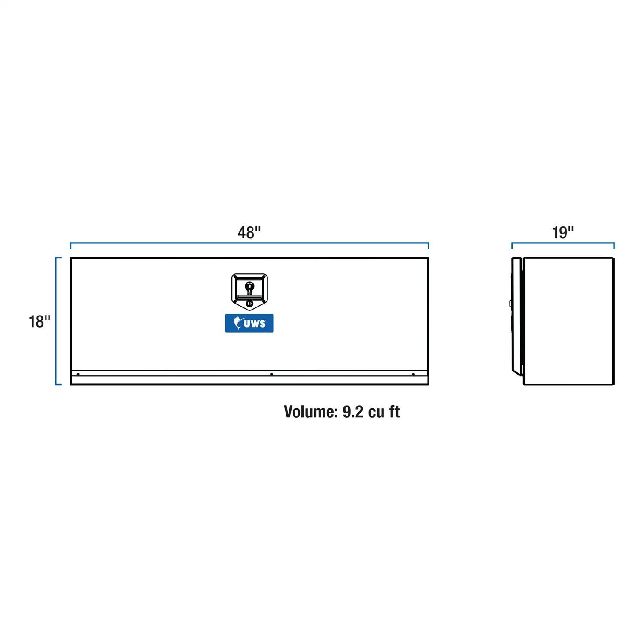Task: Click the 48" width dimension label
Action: click(x=249, y=232)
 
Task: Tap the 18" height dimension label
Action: click(x=39, y=321)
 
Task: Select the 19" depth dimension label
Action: click(x=563, y=232)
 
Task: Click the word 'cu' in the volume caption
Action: click(x=377, y=412)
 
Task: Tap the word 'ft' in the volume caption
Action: click(x=395, y=411)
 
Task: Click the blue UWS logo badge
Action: click(x=249, y=323)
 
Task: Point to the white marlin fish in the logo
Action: click(x=238, y=323)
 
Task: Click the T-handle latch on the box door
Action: click(x=249, y=290)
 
